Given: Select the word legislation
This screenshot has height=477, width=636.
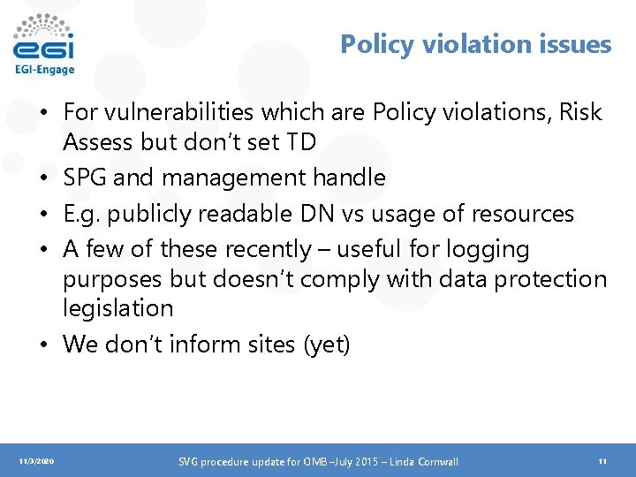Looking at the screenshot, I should click(118, 308).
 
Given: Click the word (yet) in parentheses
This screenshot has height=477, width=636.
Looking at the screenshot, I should click(327, 344).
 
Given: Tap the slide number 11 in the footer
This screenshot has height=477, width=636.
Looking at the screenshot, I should click(602, 461).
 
